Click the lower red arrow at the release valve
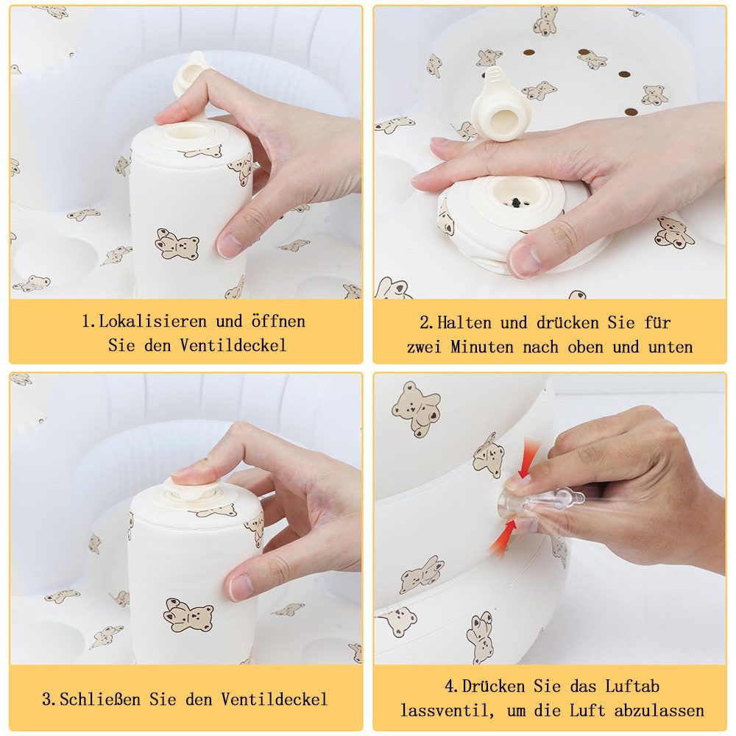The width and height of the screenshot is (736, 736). coord(504,537)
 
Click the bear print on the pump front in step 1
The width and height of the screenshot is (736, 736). coord(177,244)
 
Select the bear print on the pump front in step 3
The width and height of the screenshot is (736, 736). coord(188,615)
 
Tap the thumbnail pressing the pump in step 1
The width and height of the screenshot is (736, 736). coord(230,245)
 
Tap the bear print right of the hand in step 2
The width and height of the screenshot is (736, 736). coord(674,232)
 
